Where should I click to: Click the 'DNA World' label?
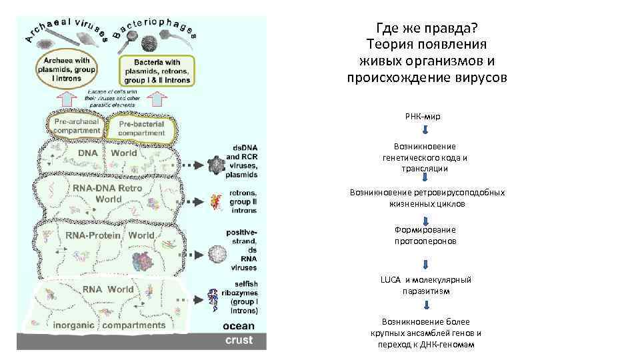107,153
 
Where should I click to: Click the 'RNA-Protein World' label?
110,235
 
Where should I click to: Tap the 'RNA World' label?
107,289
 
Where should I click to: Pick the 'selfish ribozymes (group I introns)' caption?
244,297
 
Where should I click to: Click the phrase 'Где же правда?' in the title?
427,29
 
